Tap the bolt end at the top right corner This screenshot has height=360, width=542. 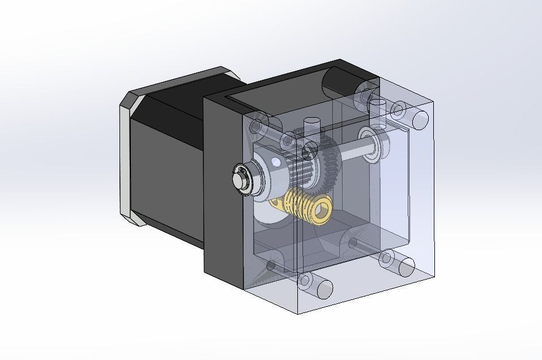pyautogui.click(x=420, y=119)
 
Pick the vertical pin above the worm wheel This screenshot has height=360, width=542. pyautogui.click(x=311, y=125)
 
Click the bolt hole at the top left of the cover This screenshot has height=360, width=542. pyautogui.click(x=258, y=126)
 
